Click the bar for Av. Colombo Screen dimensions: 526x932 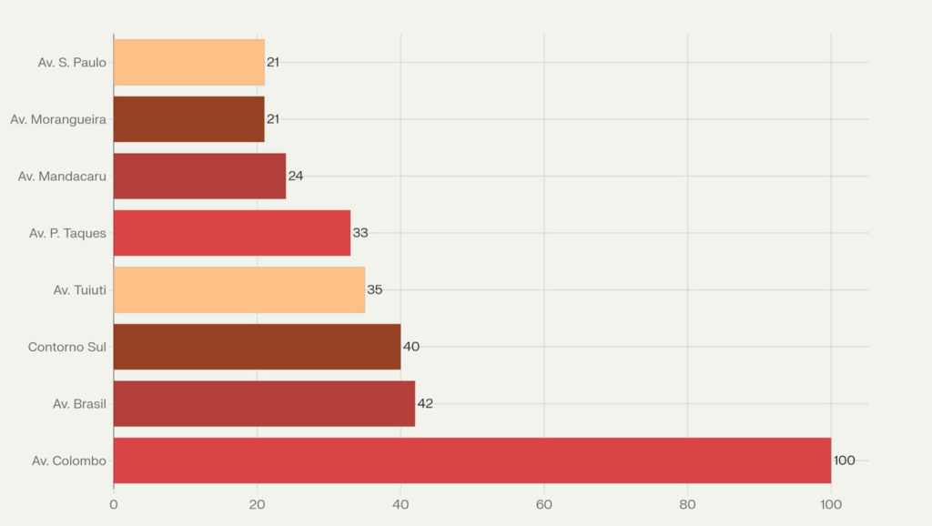[471, 460]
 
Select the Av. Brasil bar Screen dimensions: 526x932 [264, 403]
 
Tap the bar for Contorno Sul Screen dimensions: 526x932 [257, 347]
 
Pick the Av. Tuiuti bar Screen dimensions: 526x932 [238, 289]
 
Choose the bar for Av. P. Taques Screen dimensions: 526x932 [232, 233]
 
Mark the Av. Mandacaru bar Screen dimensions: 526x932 [199, 176]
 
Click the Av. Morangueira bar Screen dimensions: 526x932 [188, 119]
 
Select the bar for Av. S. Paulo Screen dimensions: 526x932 [188, 62]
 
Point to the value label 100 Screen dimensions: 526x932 [844, 460]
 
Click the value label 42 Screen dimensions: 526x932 [425, 403]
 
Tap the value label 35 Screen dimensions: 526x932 [375, 289]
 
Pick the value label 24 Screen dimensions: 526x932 [296, 176]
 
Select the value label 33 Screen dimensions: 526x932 [360, 233]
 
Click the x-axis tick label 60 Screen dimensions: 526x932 [544, 504]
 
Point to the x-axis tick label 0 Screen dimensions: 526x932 [114, 504]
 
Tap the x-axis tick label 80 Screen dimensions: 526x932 [687, 504]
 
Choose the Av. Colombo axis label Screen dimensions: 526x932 [69, 460]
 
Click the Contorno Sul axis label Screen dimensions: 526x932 [67, 347]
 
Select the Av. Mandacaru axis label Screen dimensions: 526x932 [62, 176]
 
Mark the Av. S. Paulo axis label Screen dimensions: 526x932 [72, 62]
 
